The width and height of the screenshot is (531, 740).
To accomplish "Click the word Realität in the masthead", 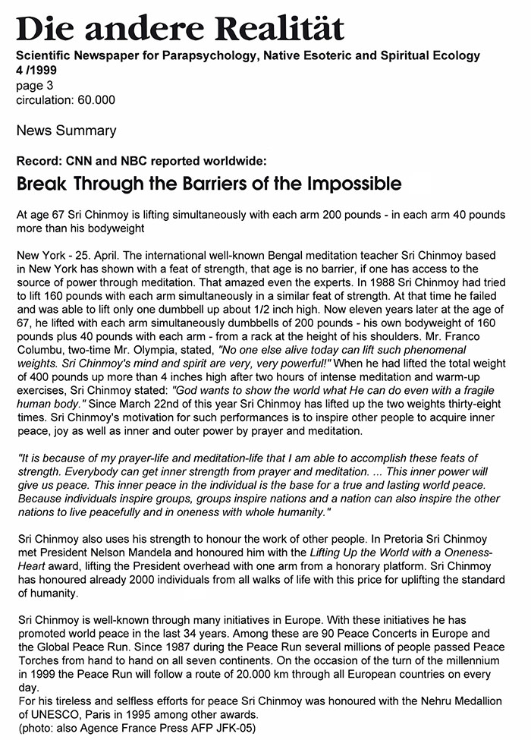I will tap(281, 28).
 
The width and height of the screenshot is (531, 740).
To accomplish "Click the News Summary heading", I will tap(66, 131).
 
